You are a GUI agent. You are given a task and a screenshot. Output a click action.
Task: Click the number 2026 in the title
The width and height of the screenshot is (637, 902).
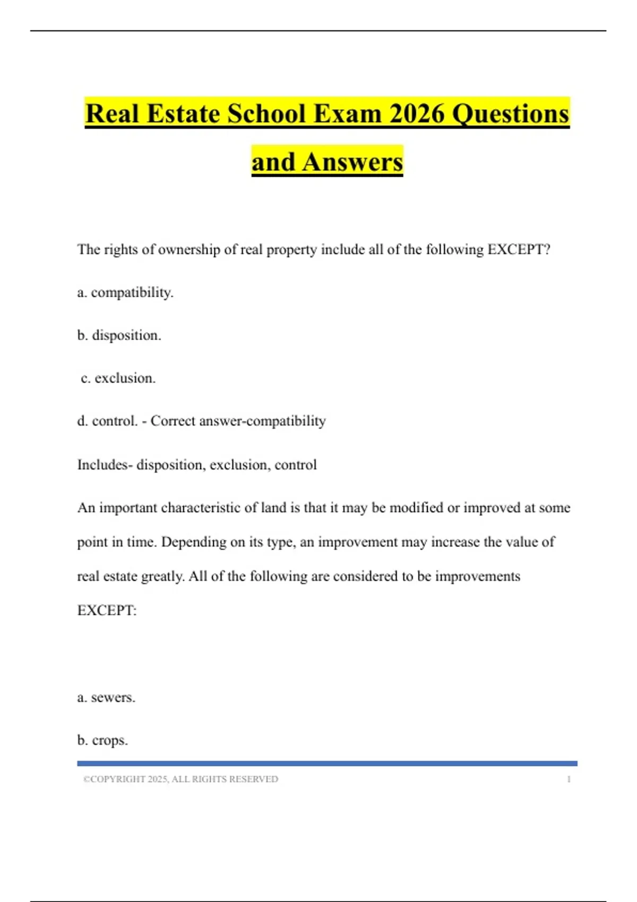pyautogui.click(x=417, y=114)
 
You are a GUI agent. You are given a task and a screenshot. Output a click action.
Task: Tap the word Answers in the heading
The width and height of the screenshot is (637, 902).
pyautogui.click(x=352, y=162)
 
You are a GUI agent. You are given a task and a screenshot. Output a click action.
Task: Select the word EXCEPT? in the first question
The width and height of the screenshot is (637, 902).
pyautogui.click(x=519, y=249)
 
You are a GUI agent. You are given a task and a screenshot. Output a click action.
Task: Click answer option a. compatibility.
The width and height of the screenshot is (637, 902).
pyautogui.click(x=125, y=292)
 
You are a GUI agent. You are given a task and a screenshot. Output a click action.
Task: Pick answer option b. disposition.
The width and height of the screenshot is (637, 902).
pyautogui.click(x=119, y=335)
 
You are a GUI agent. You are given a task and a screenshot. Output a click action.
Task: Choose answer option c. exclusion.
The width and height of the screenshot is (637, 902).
pyautogui.click(x=118, y=378)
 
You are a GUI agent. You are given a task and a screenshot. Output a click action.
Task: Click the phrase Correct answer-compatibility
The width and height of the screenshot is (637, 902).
pyautogui.click(x=238, y=421)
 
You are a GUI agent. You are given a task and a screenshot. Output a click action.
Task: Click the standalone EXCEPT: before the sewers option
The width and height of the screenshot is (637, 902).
pyautogui.click(x=107, y=611)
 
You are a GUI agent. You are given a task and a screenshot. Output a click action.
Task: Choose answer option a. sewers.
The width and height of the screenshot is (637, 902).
pyautogui.click(x=106, y=697)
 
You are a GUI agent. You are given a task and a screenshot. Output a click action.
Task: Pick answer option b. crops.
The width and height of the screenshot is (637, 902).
pyautogui.click(x=102, y=740)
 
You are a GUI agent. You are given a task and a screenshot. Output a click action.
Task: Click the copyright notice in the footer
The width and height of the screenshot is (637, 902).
pyautogui.click(x=180, y=779)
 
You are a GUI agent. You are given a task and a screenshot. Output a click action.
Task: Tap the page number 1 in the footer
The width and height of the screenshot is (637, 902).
pyautogui.click(x=569, y=779)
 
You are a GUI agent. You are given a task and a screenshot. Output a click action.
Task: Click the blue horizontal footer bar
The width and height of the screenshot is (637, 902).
pyautogui.click(x=327, y=764)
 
